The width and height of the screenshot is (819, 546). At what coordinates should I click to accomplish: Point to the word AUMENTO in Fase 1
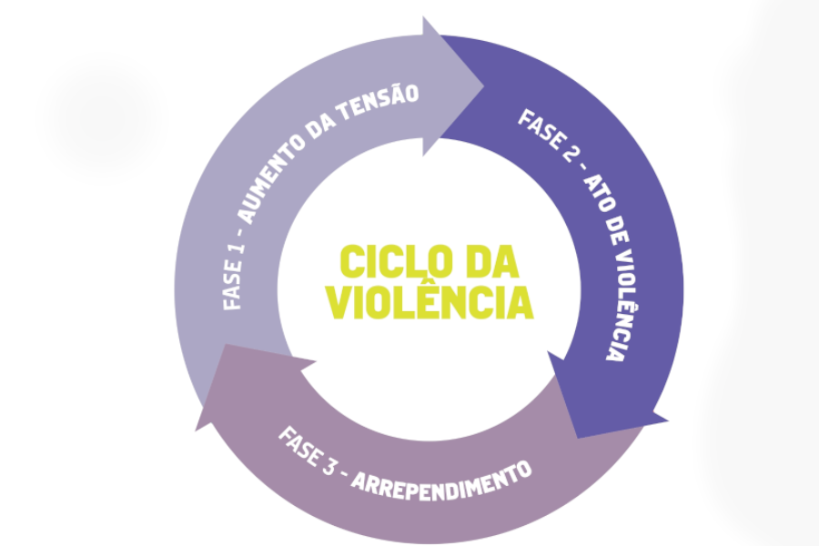271,177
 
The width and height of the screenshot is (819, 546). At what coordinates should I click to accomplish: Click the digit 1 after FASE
236,249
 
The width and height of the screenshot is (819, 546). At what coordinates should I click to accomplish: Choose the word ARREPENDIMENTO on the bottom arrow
442,481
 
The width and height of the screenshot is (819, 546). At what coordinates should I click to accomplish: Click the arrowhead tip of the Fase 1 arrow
484,86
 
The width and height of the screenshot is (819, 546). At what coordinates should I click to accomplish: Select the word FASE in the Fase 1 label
233,287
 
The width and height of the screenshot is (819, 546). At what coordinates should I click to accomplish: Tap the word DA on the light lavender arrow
319,126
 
